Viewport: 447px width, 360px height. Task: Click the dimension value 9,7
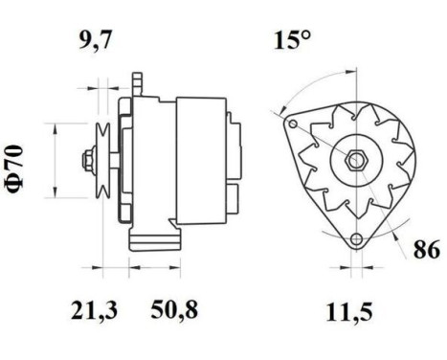(x=94, y=40)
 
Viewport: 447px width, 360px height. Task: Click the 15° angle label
(x=293, y=42)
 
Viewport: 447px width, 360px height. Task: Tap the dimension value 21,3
(x=94, y=310)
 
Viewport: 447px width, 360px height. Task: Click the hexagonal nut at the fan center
(x=353, y=158)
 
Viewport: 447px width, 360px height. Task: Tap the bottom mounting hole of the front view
(x=356, y=239)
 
